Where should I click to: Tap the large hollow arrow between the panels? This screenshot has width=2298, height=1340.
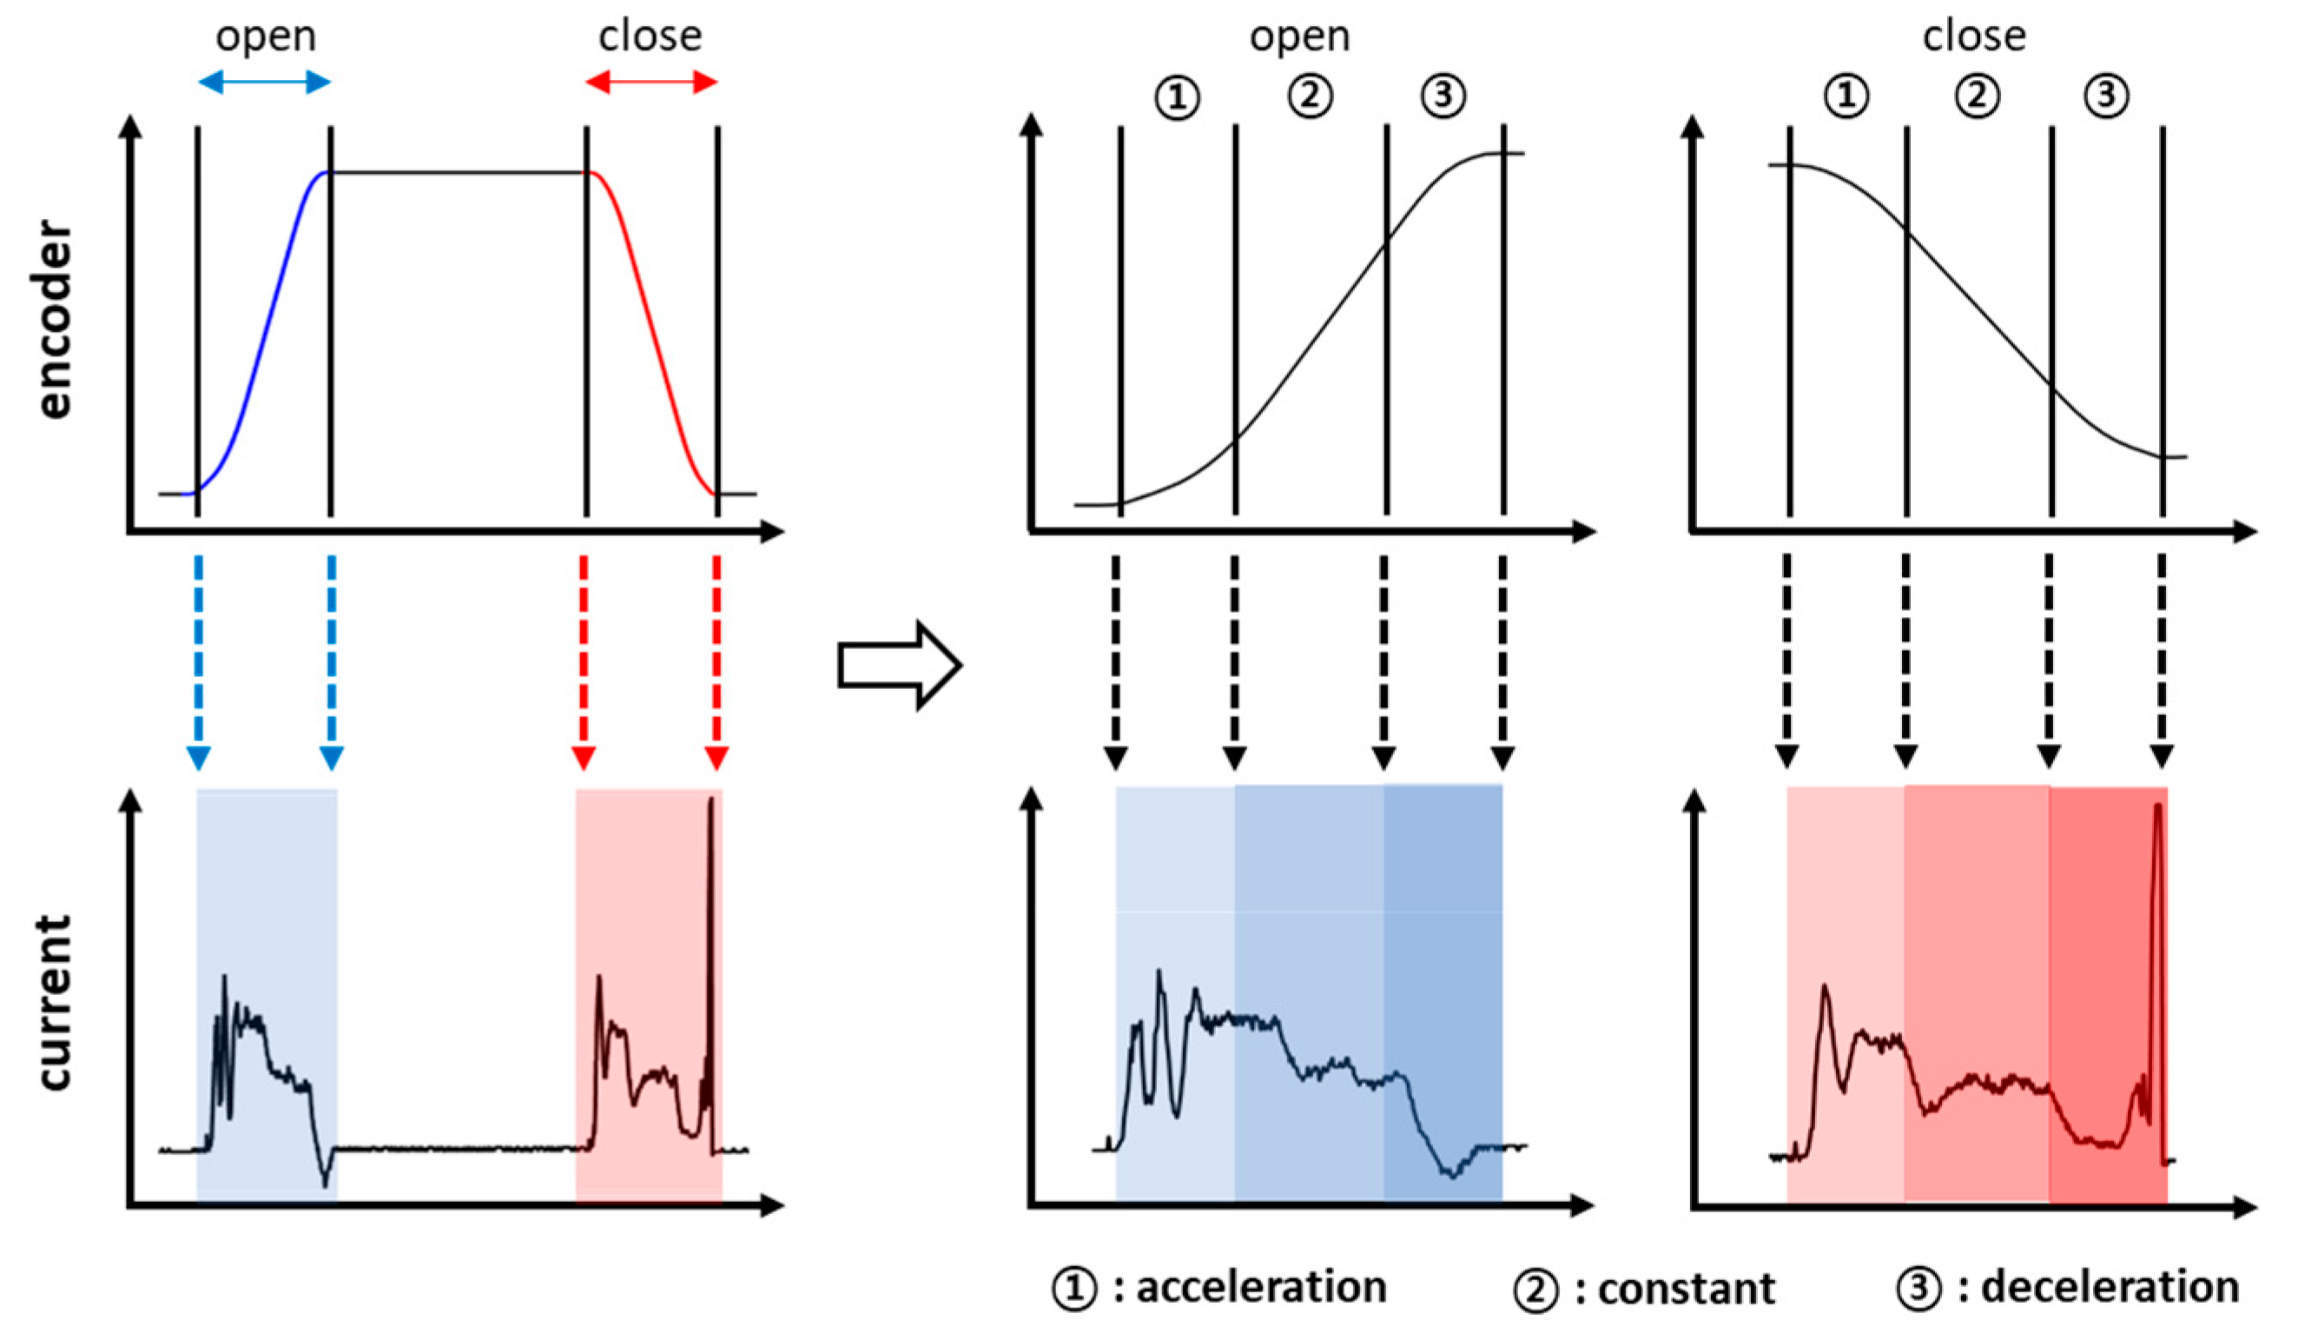[898, 666]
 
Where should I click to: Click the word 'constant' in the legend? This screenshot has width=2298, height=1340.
[1686, 1289]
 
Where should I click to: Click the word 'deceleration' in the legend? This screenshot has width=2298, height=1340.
[2110, 1287]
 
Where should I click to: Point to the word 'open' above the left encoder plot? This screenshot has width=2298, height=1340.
[266, 36]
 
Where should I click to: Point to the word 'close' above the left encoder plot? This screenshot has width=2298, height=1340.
[650, 36]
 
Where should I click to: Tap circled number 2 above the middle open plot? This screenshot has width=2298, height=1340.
[1310, 96]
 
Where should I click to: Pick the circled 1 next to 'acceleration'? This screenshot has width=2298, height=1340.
[1074, 1289]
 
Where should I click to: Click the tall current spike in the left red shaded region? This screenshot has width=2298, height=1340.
[711, 912]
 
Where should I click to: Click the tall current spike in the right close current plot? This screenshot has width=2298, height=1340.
[2156, 912]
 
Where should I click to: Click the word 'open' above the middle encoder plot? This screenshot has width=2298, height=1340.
[1299, 36]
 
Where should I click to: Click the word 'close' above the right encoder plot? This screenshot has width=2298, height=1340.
[1974, 36]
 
